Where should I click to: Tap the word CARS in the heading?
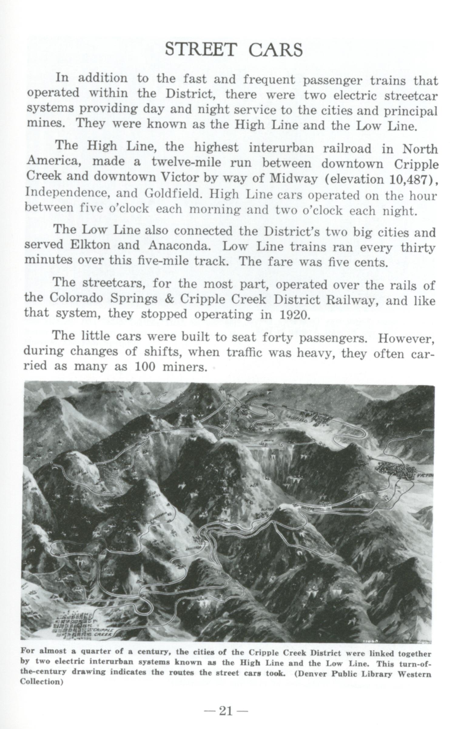275,50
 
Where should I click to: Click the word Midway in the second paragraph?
293,179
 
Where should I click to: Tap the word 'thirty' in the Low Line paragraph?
418,247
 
